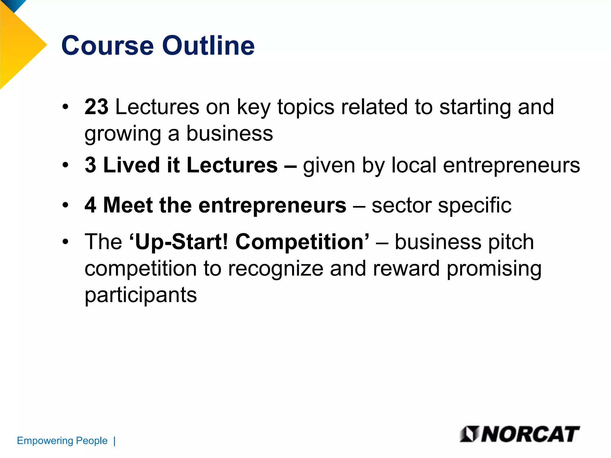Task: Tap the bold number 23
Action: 96,107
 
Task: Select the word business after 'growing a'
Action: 229,133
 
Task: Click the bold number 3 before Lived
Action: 90,165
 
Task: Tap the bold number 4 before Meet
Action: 90,205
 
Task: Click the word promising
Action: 494,268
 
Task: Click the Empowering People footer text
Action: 62,440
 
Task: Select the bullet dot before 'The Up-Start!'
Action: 66,242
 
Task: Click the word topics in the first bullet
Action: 306,107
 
